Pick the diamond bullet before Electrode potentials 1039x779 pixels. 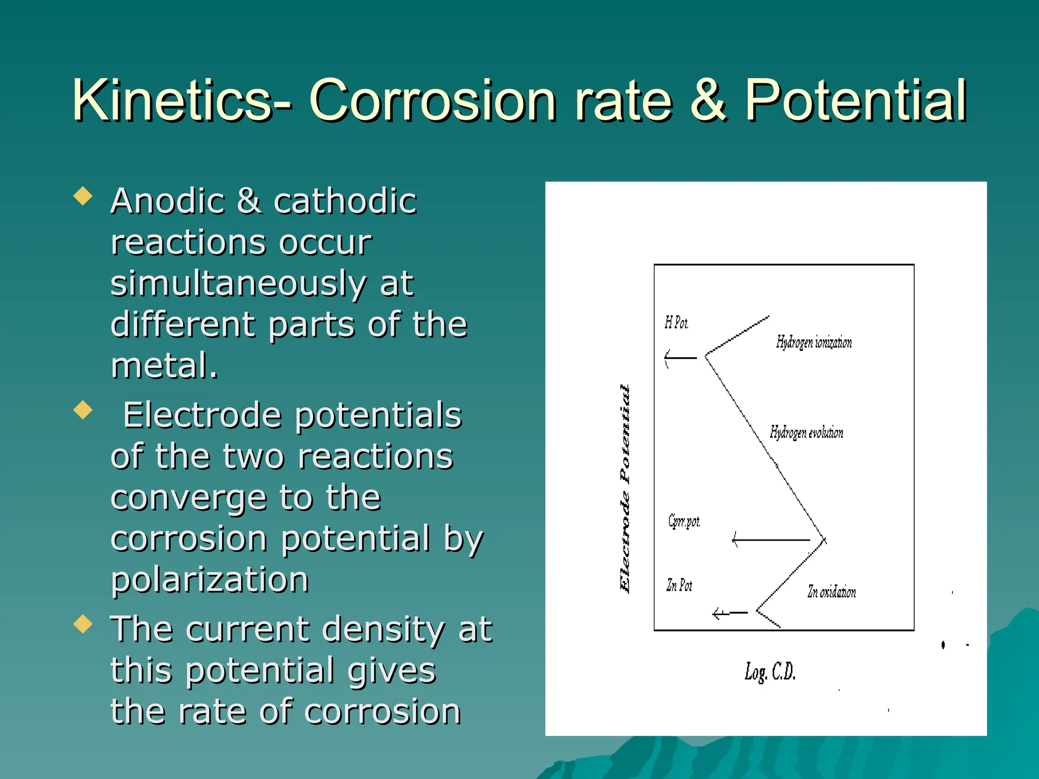[x=83, y=410]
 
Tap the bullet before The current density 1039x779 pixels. [x=83, y=624]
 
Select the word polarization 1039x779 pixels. [x=210, y=579]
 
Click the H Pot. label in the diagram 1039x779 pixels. [x=676, y=323]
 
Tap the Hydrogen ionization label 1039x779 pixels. [x=814, y=343]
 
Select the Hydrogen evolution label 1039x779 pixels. [x=806, y=433]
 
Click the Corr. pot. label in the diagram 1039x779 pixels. [x=684, y=521]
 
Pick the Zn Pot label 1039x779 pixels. [x=679, y=585]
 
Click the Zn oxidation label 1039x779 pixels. [x=832, y=592]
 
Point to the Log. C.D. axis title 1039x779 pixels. [x=770, y=672]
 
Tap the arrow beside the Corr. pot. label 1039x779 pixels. [x=770, y=540]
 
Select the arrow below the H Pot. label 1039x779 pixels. [x=681, y=358]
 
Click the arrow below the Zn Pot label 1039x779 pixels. [x=730, y=614]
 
